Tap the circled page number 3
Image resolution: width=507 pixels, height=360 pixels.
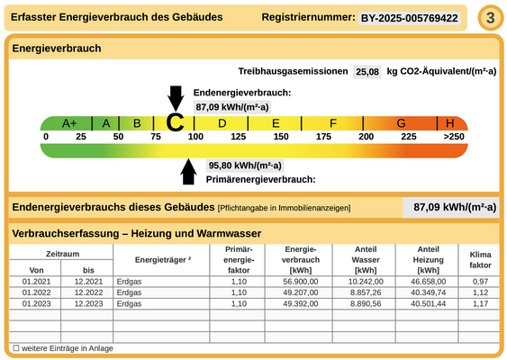coord(489,18)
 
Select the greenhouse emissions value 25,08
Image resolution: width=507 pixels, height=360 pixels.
coord(367,71)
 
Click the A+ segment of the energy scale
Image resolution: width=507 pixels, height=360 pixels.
coord(69,123)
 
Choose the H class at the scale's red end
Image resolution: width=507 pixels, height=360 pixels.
coord(449,123)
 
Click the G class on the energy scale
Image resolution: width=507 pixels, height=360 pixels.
coord(401,123)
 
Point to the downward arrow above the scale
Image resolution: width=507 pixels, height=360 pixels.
coord(176,96)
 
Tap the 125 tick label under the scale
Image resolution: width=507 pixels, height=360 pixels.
coord(238,137)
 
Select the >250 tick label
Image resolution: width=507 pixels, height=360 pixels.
coord(454,137)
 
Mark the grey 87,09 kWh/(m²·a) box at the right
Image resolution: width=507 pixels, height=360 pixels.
coord(449,207)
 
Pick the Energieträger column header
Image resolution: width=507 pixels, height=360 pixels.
coord(164,260)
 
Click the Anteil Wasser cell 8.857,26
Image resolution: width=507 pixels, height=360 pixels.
coord(365,292)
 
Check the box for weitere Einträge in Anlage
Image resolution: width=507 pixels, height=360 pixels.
coord(16,347)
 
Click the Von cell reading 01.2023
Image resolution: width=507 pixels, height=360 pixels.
coord(37,303)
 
